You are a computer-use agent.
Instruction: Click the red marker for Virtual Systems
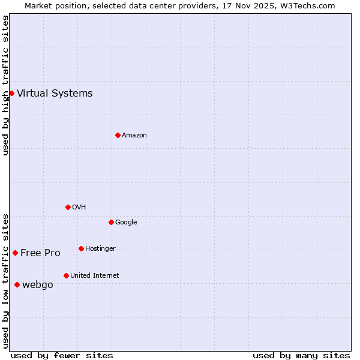click(11, 93)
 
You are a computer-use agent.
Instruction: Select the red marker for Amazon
click(118, 135)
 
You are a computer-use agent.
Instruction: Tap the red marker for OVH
click(68, 207)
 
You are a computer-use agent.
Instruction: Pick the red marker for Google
click(111, 222)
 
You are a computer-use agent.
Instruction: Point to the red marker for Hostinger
click(81, 248)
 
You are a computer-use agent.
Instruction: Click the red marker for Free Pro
click(15, 253)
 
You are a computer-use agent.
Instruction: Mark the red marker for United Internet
click(66, 275)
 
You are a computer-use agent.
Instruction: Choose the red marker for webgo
click(17, 284)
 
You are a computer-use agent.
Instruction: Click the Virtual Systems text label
click(55, 93)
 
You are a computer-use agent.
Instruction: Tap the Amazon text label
click(134, 136)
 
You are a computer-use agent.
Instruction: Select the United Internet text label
click(95, 276)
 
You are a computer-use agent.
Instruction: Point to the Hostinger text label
click(100, 248)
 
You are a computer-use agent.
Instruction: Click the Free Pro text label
click(40, 253)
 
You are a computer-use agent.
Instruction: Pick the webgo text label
click(38, 285)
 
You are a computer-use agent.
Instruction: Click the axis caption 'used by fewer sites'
click(62, 355)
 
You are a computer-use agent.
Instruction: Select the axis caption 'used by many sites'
click(301, 355)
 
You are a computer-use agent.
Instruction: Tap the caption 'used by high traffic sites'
click(5, 85)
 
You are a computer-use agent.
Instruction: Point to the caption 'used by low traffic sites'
click(5, 281)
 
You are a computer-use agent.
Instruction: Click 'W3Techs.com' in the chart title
click(311, 5)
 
